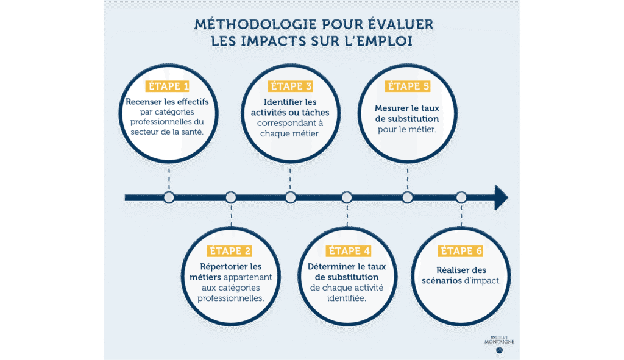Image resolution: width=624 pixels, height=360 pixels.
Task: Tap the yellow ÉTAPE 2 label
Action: pyautogui.click(x=230, y=251)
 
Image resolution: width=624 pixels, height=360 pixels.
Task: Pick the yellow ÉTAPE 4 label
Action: pyautogui.click(x=348, y=251)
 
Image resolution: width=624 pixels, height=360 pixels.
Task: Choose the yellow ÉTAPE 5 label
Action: pyautogui.click(x=407, y=86)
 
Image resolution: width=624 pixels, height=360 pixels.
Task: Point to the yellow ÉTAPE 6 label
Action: pyautogui.click(x=461, y=251)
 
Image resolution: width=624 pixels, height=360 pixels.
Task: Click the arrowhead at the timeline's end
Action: pyautogui.click(x=501, y=197)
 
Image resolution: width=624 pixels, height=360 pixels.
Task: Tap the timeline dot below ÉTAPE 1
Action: pyautogui.click(x=169, y=197)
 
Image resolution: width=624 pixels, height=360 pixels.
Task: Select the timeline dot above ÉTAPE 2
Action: pyautogui.click(x=230, y=197)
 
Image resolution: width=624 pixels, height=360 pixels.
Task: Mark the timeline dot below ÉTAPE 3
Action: pyautogui.click(x=290, y=197)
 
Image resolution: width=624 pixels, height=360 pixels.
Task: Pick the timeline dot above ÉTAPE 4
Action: pyautogui.click(x=347, y=197)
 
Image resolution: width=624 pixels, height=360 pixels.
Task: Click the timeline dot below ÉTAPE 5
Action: pyautogui.click(x=407, y=197)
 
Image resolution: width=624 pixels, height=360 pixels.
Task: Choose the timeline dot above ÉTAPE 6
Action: pyautogui.click(x=461, y=197)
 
